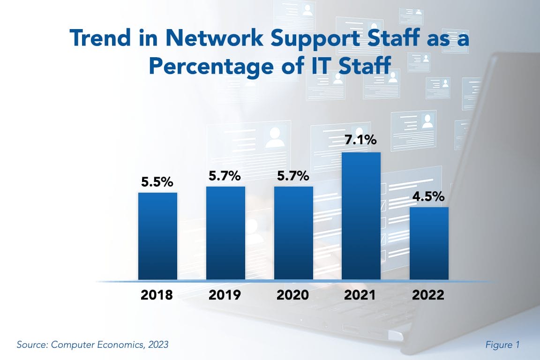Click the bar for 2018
pyautogui.click(x=157, y=236)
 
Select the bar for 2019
pyautogui.click(x=225, y=233)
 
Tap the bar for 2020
pyautogui.click(x=293, y=233)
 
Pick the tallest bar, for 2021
pyautogui.click(x=361, y=216)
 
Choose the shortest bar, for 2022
pyautogui.click(x=429, y=243)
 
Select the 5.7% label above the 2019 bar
pyautogui.click(x=225, y=176)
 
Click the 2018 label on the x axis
pyautogui.click(x=157, y=295)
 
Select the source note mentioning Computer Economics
pyautogui.click(x=92, y=345)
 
